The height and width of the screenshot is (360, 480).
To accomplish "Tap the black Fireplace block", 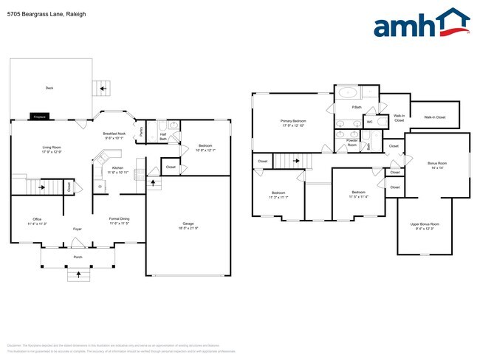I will click(x=40, y=117).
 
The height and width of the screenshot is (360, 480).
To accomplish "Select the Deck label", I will click(x=49, y=88).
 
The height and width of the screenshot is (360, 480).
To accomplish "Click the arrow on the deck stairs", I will click(x=103, y=89).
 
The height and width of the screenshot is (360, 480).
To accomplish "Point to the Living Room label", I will click(x=51, y=149).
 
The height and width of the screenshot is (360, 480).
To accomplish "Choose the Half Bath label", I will click(x=163, y=135).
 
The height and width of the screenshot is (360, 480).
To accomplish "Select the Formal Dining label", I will click(x=120, y=220).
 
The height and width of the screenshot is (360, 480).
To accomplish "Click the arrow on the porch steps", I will click(x=78, y=275).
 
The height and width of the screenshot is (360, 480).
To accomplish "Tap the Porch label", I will click(x=78, y=257).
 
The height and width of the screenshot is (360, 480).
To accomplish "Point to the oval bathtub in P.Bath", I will click(x=347, y=94).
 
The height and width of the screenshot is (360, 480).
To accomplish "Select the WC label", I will click(x=369, y=122).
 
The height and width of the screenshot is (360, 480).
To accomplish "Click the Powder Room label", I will click(x=352, y=143).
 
